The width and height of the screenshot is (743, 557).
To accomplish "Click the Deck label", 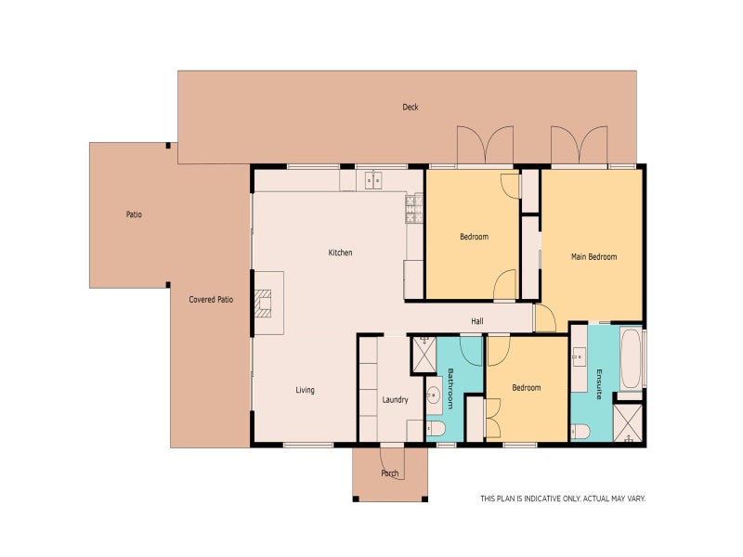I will click(x=410, y=107).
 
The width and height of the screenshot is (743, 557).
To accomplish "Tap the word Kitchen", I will click(x=340, y=253).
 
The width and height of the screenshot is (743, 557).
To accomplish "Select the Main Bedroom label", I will click(x=593, y=256).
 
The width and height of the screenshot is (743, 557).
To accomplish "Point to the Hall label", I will click(x=476, y=321).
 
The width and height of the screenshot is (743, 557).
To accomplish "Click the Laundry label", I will click(x=395, y=400).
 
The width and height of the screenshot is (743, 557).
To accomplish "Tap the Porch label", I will click(x=390, y=473).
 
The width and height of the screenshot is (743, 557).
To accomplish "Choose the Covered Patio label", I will click(x=211, y=300).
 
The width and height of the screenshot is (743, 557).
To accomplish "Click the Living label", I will click(x=305, y=390).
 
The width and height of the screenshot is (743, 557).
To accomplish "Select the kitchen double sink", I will click(x=374, y=179).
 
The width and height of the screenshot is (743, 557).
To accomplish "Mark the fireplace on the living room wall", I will click(x=267, y=303).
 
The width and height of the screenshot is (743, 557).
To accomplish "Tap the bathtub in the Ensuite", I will click(x=631, y=357).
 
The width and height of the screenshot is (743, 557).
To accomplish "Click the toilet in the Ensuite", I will click(x=580, y=430).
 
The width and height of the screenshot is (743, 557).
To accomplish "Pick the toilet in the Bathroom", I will click(x=436, y=428).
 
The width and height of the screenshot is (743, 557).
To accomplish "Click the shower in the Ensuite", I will click(x=628, y=422).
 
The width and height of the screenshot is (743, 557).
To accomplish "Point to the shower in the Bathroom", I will click(x=424, y=353).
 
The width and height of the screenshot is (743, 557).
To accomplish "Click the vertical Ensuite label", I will click(x=600, y=383).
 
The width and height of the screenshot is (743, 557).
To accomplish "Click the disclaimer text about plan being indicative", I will click(x=562, y=499).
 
